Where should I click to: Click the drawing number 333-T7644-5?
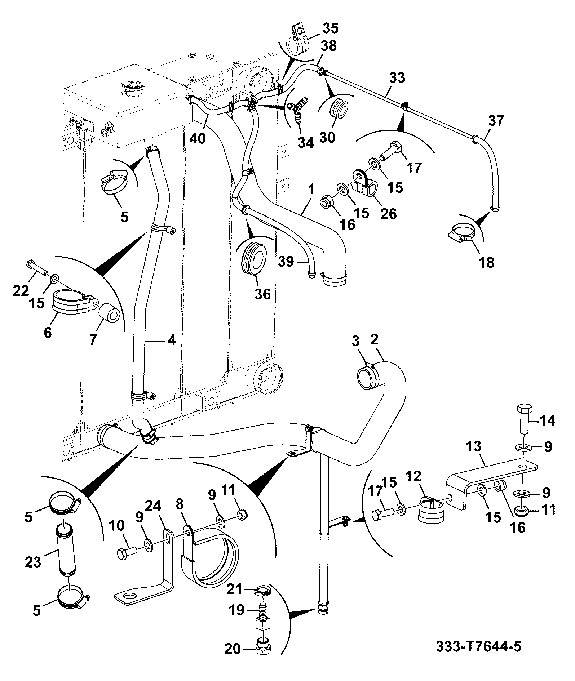[478, 646]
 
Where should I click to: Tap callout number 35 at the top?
[331, 28]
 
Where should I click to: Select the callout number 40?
[197, 138]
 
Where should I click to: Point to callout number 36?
[262, 294]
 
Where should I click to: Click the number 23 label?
[34, 562]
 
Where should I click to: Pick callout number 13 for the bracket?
[473, 447]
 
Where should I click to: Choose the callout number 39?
[287, 261]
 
